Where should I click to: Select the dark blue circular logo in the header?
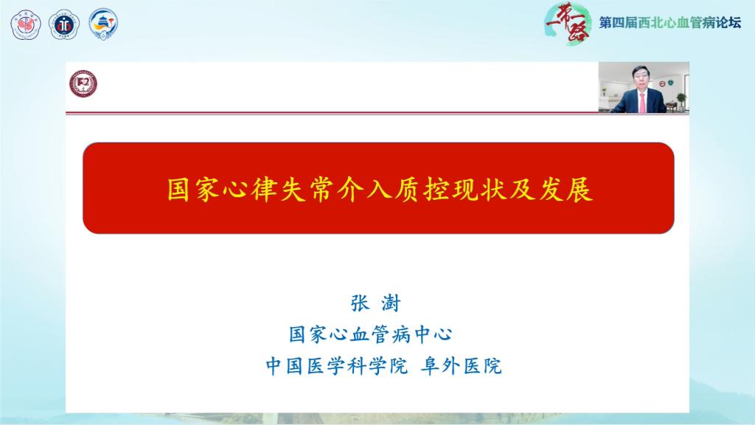(63, 24)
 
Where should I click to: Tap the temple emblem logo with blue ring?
(103, 24)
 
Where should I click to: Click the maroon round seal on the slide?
(83, 85)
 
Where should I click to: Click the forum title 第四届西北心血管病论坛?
(669, 23)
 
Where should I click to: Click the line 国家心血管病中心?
(370, 334)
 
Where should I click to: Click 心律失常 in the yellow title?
(290, 190)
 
